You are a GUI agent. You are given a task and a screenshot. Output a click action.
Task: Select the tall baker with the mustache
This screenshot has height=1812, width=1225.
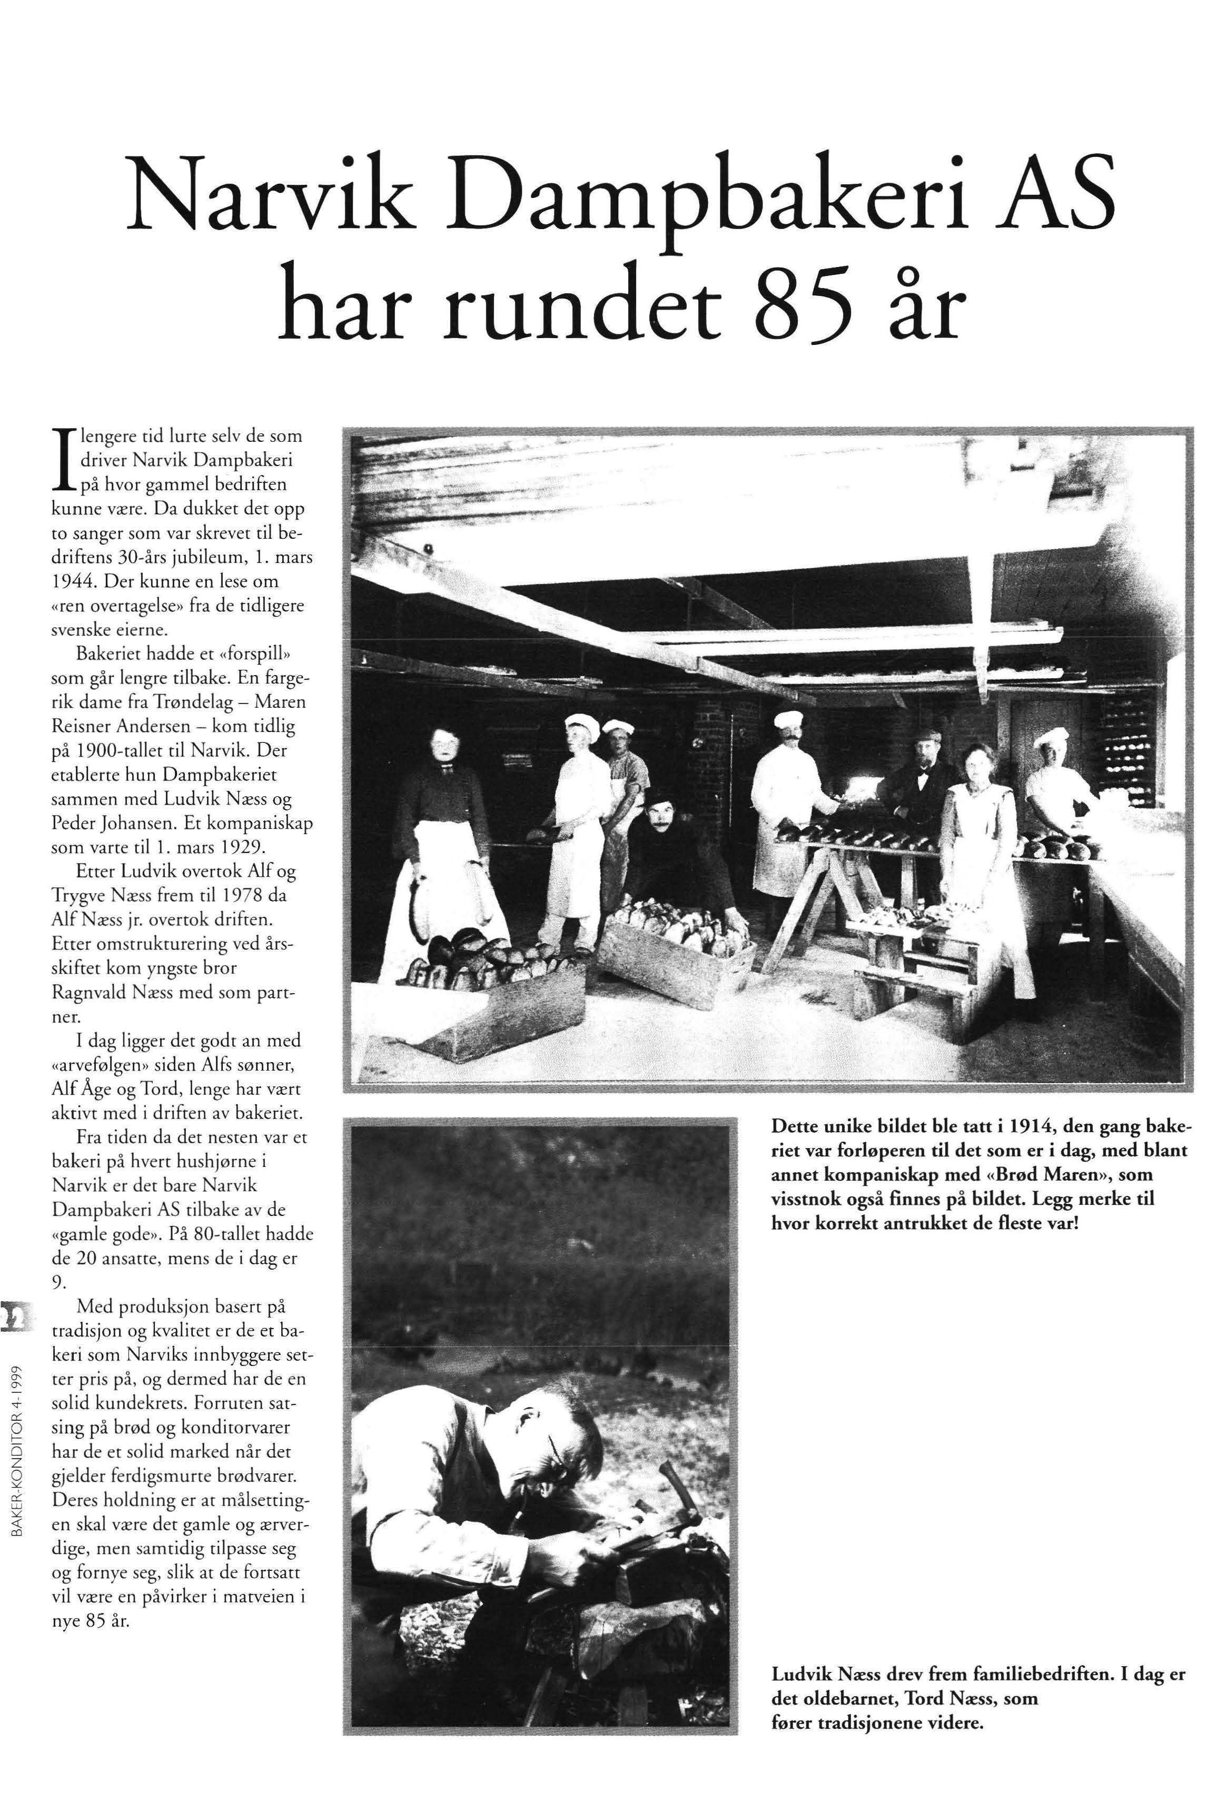790,803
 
